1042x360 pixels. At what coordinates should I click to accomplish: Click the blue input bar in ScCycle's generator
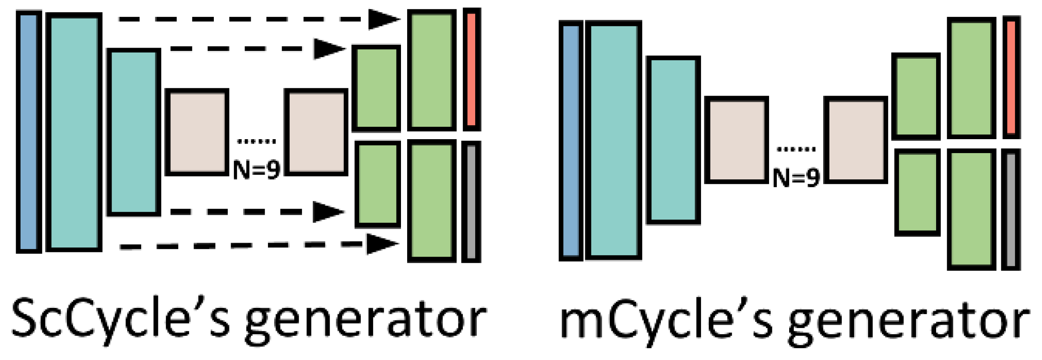29,132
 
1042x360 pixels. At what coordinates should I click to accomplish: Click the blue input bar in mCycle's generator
571,141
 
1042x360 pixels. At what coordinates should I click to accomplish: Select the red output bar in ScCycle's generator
472,69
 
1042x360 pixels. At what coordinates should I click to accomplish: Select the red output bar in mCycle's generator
1011,78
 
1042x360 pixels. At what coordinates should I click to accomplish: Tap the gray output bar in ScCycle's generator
471,202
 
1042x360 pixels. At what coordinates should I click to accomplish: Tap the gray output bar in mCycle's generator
1011,210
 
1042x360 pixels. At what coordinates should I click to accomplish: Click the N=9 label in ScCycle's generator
256,170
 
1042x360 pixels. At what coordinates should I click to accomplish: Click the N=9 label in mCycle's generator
796,178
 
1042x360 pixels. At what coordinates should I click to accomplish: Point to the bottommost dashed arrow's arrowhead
382,244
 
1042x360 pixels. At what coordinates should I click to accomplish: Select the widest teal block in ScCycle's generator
74,132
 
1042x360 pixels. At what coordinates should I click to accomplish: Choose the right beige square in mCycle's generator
856,140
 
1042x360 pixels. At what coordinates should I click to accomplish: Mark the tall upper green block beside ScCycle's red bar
432,70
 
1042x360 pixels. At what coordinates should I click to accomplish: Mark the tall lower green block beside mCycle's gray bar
971,209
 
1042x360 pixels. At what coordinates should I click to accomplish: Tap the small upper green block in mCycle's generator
916,96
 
